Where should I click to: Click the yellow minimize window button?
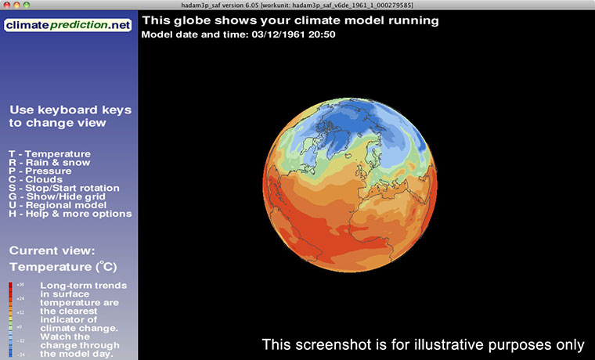(18, 5)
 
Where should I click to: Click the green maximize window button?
(30, 5)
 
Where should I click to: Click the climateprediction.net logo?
(68, 26)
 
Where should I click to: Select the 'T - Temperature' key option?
(49, 153)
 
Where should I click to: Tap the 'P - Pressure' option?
(42, 171)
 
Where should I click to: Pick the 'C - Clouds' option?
(40, 179)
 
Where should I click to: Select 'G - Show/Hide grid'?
(59, 196)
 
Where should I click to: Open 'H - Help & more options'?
(70, 214)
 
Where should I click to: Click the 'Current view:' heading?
(52, 250)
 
